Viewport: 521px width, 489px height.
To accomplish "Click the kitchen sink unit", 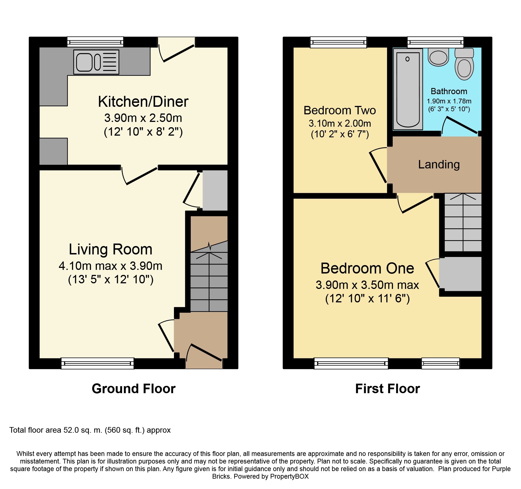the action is (x=96, y=62).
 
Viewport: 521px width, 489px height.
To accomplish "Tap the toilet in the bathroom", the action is (x=464, y=64).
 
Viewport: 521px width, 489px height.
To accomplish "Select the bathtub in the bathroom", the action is (x=408, y=89).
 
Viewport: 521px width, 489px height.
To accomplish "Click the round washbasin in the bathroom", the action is (x=438, y=57).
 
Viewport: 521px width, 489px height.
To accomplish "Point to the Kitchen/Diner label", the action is (x=143, y=101).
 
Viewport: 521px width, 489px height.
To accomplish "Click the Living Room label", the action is (x=111, y=249).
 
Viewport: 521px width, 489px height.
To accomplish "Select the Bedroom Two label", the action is (x=340, y=110).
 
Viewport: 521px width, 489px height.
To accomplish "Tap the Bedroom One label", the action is (x=367, y=268).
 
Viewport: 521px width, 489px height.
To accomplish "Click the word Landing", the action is (x=439, y=164).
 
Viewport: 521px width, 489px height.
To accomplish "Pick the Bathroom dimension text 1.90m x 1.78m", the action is (x=449, y=101).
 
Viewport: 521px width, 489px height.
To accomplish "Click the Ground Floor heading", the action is (x=134, y=389).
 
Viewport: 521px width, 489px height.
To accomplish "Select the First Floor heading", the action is (x=387, y=389).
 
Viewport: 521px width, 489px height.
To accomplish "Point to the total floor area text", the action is (x=90, y=430).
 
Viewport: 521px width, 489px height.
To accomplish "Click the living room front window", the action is (x=97, y=363).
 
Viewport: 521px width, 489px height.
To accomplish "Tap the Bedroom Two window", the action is (x=338, y=42).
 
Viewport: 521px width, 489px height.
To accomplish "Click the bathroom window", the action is (x=435, y=42).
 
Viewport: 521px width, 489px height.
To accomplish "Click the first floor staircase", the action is (x=463, y=222).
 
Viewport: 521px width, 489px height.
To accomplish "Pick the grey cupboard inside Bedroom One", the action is (x=460, y=274).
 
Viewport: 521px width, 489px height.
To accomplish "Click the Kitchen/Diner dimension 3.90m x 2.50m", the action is (x=143, y=118).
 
